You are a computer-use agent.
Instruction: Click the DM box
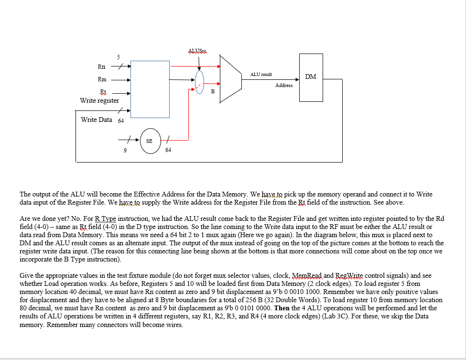[x=311, y=77]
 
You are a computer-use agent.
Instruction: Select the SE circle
[x=150, y=142]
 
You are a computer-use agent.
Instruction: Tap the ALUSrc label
[x=198, y=51]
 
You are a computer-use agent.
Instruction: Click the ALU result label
[x=261, y=75]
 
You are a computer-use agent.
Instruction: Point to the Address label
[x=284, y=85]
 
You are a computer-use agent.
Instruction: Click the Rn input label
[x=101, y=67]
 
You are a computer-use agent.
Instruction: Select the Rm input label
[x=102, y=79]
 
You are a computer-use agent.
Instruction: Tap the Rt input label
[x=102, y=92]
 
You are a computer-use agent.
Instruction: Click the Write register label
[x=99, y=100]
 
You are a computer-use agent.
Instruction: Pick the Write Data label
[x=97, y=120]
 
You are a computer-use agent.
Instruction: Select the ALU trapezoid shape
[x=231, y=78]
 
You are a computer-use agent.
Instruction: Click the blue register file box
[x=150, y=89]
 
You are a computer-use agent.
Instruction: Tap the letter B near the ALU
[x=213, y=90]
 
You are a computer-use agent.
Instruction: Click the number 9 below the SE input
[x=125, y=150]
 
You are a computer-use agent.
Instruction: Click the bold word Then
[x=283, y=308]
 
